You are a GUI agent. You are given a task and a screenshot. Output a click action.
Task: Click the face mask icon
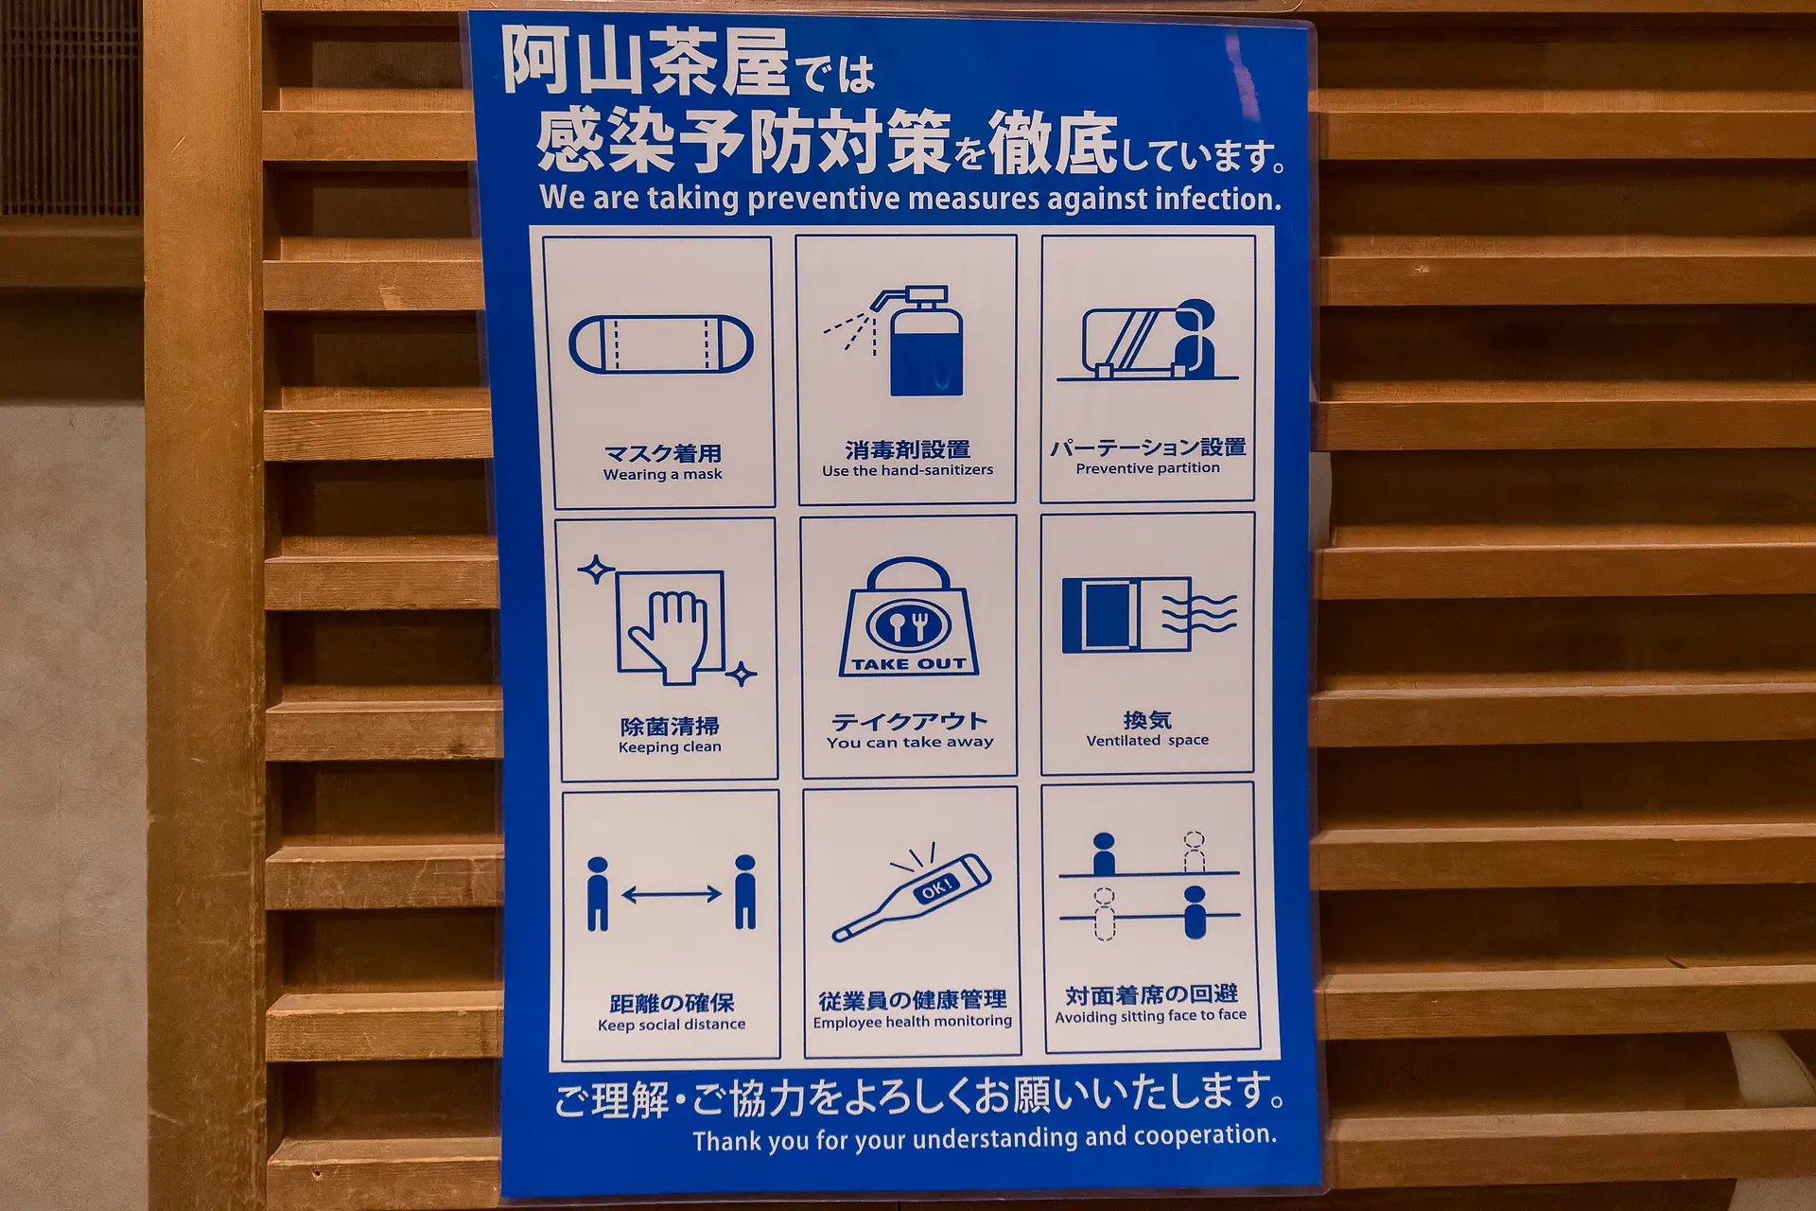pyautogui.click(x=661, y=343)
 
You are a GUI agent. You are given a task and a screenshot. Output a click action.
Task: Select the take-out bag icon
pyautogui.click(x=909, y=617)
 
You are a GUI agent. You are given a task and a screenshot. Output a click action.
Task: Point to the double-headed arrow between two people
pyautogui.click(x=672, y=894)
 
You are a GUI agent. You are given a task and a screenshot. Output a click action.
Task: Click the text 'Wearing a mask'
pyautogui.click(x=663, y=474)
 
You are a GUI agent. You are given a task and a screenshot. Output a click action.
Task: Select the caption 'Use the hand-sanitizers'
pyautogui.click(x=908, y=470)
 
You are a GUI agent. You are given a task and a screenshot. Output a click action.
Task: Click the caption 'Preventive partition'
pyautogui.click(x=1148, y=468)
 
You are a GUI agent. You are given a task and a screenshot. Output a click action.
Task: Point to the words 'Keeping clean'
pyautogui.click(x=670, y=747)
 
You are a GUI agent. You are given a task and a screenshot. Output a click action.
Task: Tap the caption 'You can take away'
pyautogui.click(x=910, y=743)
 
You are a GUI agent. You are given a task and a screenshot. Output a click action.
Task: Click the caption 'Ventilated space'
pyautogui.click(x=1147, y=741)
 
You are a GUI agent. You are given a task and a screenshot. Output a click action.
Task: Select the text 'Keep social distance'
pyautogui.click(x=672, y=1025)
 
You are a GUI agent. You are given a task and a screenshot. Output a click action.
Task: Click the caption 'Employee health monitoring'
pyautogui.click(x=913, y=1022)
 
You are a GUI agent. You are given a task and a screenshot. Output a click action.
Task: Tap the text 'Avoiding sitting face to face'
pyautogui.click(x=1151, y=1016)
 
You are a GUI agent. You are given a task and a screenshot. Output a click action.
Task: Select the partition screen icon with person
pyautogui.click(x=1148, y=341)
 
